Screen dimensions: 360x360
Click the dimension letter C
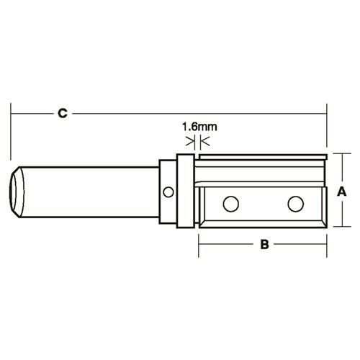63,113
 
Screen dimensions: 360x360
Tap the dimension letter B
264,245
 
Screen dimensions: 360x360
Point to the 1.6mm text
199,126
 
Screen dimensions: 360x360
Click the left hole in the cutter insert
230,204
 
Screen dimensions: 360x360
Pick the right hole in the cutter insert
295,204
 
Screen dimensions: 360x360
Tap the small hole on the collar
168,192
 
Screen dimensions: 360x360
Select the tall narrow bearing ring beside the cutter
184,191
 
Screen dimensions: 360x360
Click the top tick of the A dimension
343,153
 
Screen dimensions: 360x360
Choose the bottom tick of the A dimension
343,228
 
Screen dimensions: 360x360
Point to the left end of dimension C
12,113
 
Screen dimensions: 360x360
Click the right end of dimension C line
327,113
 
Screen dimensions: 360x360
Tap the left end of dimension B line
199,245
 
